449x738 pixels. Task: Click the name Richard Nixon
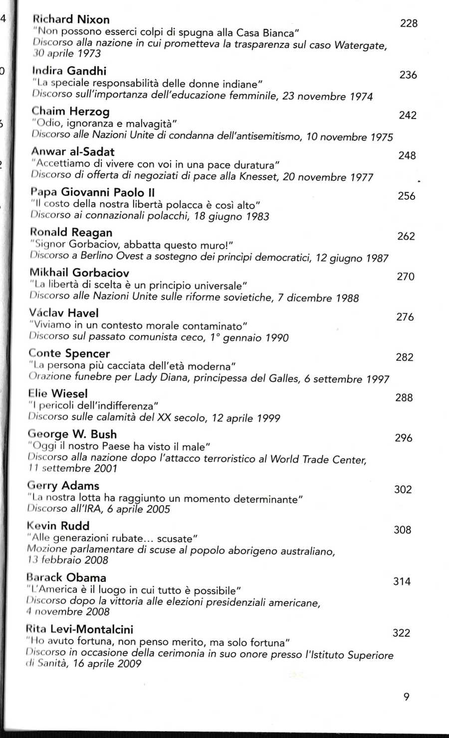tap(71, 19)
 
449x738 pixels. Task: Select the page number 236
tap(408, 75)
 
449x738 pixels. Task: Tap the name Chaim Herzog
tap(70, 111)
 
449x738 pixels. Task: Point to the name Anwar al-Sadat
tap(73, 151)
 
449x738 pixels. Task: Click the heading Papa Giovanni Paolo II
tap(92, 192)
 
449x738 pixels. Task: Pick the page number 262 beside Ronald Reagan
tap(406, 236)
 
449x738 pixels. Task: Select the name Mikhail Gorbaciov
tap(79, 273)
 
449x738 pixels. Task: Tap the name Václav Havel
tap(64, 313)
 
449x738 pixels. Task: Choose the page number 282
tap(405, 357)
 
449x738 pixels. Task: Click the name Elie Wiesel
tap(58, 394)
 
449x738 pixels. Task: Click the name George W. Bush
tap(72, 434)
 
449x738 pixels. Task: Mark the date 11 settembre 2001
tap(73, 468)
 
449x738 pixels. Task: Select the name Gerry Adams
tap(63, 485)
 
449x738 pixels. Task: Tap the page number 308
tap(403, 530)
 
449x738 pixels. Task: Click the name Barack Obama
tap(66, 578)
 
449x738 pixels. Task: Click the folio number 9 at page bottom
tap(406, 697)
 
